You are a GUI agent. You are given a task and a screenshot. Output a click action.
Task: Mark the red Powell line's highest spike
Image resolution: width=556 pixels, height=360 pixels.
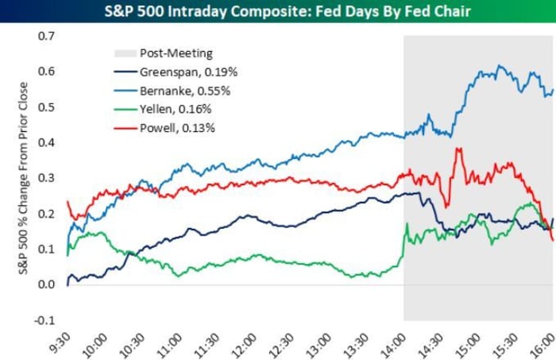pyautogui.click(x=458, y=148)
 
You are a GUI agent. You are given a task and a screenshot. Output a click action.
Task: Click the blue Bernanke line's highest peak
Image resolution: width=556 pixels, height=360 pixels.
pyautogui.click(x=500, y=66)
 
